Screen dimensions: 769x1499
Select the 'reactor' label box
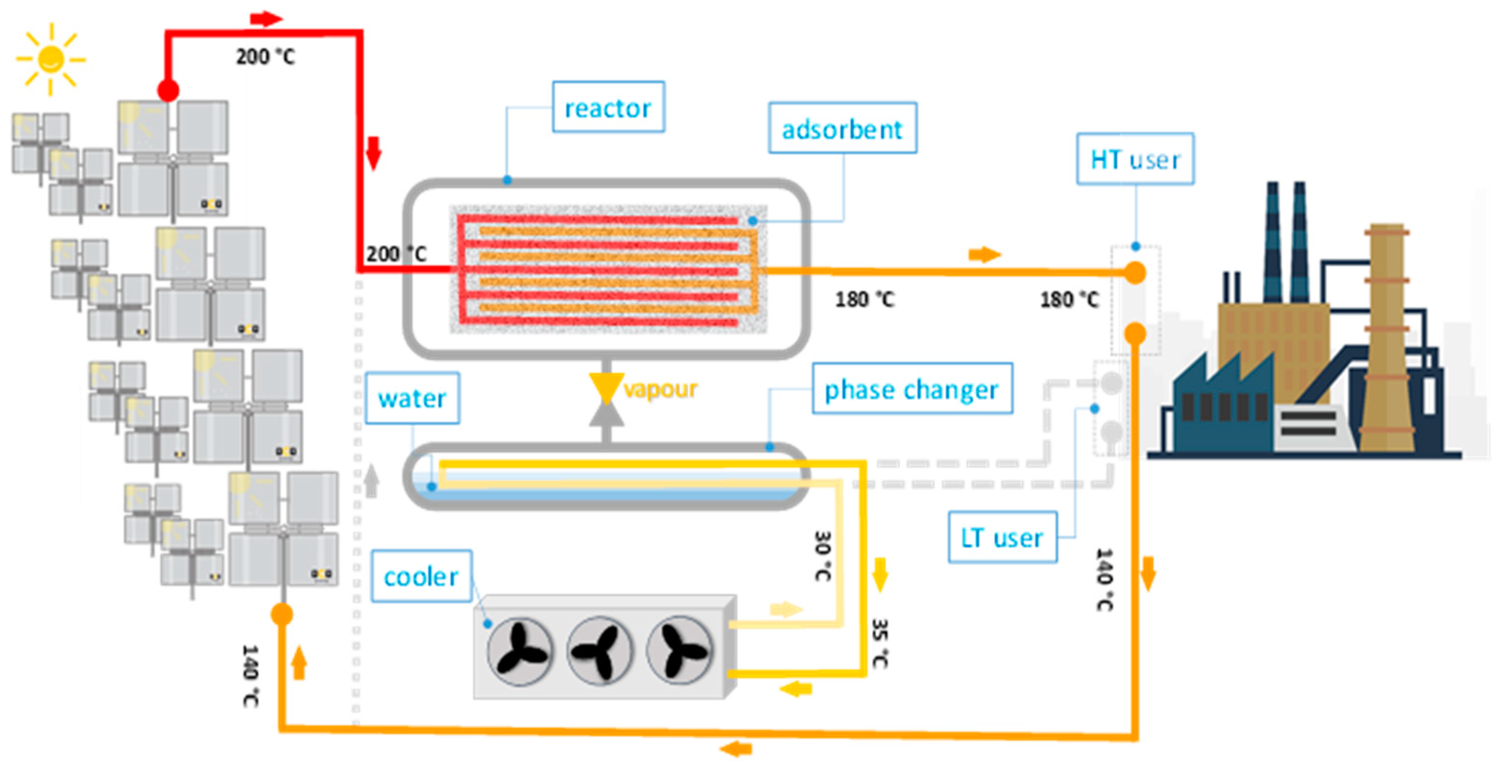click(x=608, y=107)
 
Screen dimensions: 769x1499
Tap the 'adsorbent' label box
click(x=842, y=129)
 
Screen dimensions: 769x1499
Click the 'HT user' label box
click(x=1135, y=159)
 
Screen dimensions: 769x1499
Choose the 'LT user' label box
click(x=1002, y=537)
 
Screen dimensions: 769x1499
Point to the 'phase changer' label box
click(x=912, y=389)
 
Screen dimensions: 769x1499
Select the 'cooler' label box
click(x=421, y=576)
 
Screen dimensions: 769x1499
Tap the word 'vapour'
click(x=660, y=389)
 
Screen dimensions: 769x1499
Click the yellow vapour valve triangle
click(x=606, y=386)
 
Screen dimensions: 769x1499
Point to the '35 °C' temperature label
click(x=879, y=643)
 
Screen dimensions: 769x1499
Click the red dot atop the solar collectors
click(x=168, y=90)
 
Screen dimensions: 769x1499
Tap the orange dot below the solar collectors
click(x=282, y=614)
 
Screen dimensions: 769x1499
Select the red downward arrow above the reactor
click(x=373, y=153)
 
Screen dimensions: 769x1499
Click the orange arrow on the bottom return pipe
click(x=736, y=749)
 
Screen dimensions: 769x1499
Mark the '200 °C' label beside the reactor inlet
click(x=396, y=254)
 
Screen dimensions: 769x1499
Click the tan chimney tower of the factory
click(x=1387, y=337)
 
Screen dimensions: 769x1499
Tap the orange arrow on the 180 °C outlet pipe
click(x=984, y=254)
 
